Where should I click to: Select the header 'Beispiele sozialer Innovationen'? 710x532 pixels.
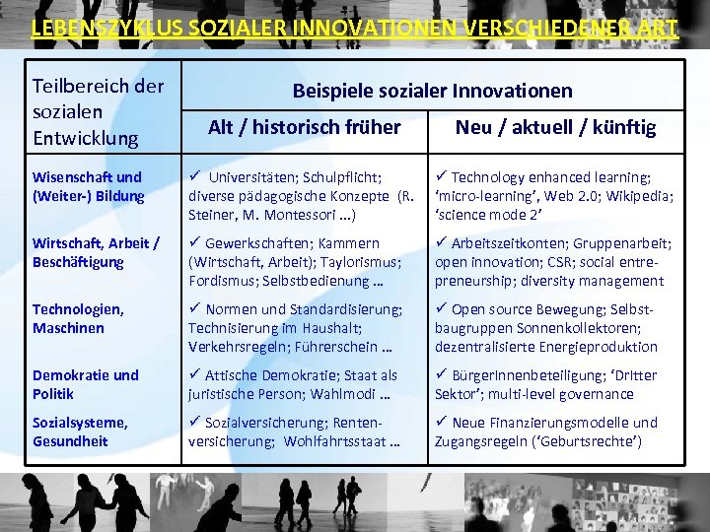click(x=432, y=91)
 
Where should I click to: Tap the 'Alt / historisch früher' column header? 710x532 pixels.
click(x=305, y=127)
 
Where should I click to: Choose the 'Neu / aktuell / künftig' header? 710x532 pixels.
click(x=555, y=127)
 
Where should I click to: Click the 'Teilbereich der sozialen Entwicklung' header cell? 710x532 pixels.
click(x=98, y=111)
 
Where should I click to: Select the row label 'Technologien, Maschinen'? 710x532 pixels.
click(x=78, y=318)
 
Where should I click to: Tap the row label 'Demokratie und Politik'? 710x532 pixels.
click(x=85, y=384)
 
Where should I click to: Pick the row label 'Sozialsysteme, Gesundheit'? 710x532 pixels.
click(x=80, y=432)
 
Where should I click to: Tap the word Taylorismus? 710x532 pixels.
click(x=361, y=262)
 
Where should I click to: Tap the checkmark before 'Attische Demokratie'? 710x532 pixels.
click(x=194, y=374)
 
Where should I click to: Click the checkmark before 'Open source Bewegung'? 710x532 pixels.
click(x=441, y=308)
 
